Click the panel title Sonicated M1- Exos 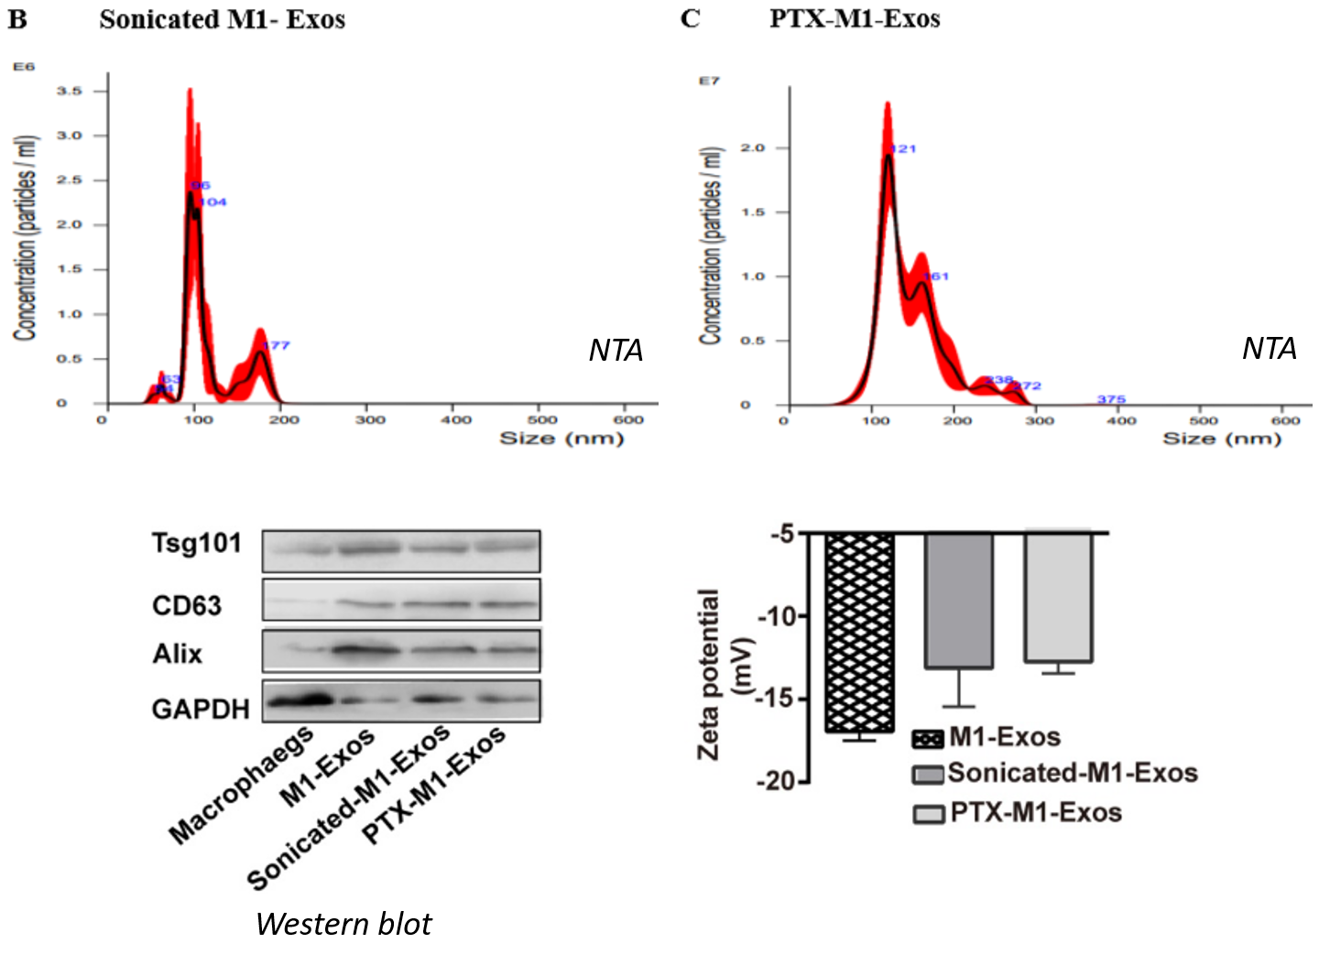coord(222,19)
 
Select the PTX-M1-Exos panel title coord(854,18)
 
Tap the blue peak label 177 coord(276,345)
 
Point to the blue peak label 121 coord(902,148)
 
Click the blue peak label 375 coord(1111,399)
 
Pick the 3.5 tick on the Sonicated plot coord(70,91)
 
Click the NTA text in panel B coord(616,350)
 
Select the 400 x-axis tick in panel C coord(1121,420)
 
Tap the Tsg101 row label coord(196,543)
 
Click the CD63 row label coord(187,605)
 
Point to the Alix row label coord(177,654)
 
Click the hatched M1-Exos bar coord(859,632)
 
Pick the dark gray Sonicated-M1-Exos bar coord(958,600)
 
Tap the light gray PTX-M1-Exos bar coord(1058,597)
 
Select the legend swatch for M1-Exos coord(928,739)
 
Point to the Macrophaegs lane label coord(241,784)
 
